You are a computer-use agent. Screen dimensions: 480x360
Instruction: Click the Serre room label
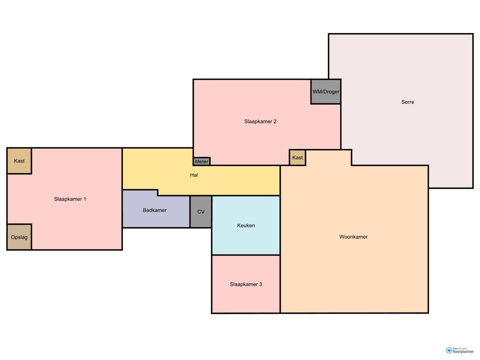[x=407, y=102]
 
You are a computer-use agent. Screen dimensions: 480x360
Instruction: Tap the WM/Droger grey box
[x=325, y=91]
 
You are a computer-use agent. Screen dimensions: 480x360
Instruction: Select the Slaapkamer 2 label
[x=260, y=121]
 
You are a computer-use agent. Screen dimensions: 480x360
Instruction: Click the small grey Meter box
[x=201, y=161]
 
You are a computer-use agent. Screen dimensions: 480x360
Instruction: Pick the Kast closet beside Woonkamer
[x=297, y=157]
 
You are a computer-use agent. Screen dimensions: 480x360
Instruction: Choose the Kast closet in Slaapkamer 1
[x=19, y=161]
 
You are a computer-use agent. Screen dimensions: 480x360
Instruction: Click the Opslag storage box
[x=19, y=237]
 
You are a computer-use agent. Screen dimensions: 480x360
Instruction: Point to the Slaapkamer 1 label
[x=70, y=199]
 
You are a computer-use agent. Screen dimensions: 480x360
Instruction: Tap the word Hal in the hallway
[x=194, y=175]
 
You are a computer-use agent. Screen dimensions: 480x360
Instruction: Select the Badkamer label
[x=154, y=210]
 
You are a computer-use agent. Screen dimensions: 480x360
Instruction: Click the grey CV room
[x=201, y=212]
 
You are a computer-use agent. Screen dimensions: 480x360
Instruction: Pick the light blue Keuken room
[x=246, y=225]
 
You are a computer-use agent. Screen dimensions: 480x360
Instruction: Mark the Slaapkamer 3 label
[x=246, y=284]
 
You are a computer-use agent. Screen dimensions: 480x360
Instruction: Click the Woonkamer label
[x=353, y=236]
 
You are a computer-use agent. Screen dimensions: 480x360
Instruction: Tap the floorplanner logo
[x=459, y=350]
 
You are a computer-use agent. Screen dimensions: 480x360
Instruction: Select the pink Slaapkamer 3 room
[x=246, y=284]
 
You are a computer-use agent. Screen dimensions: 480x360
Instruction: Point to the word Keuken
[x=246, y=225]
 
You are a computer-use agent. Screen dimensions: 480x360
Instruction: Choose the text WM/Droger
[x=325, y=91]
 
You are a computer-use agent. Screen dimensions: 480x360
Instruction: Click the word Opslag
[x=19, y=237]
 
